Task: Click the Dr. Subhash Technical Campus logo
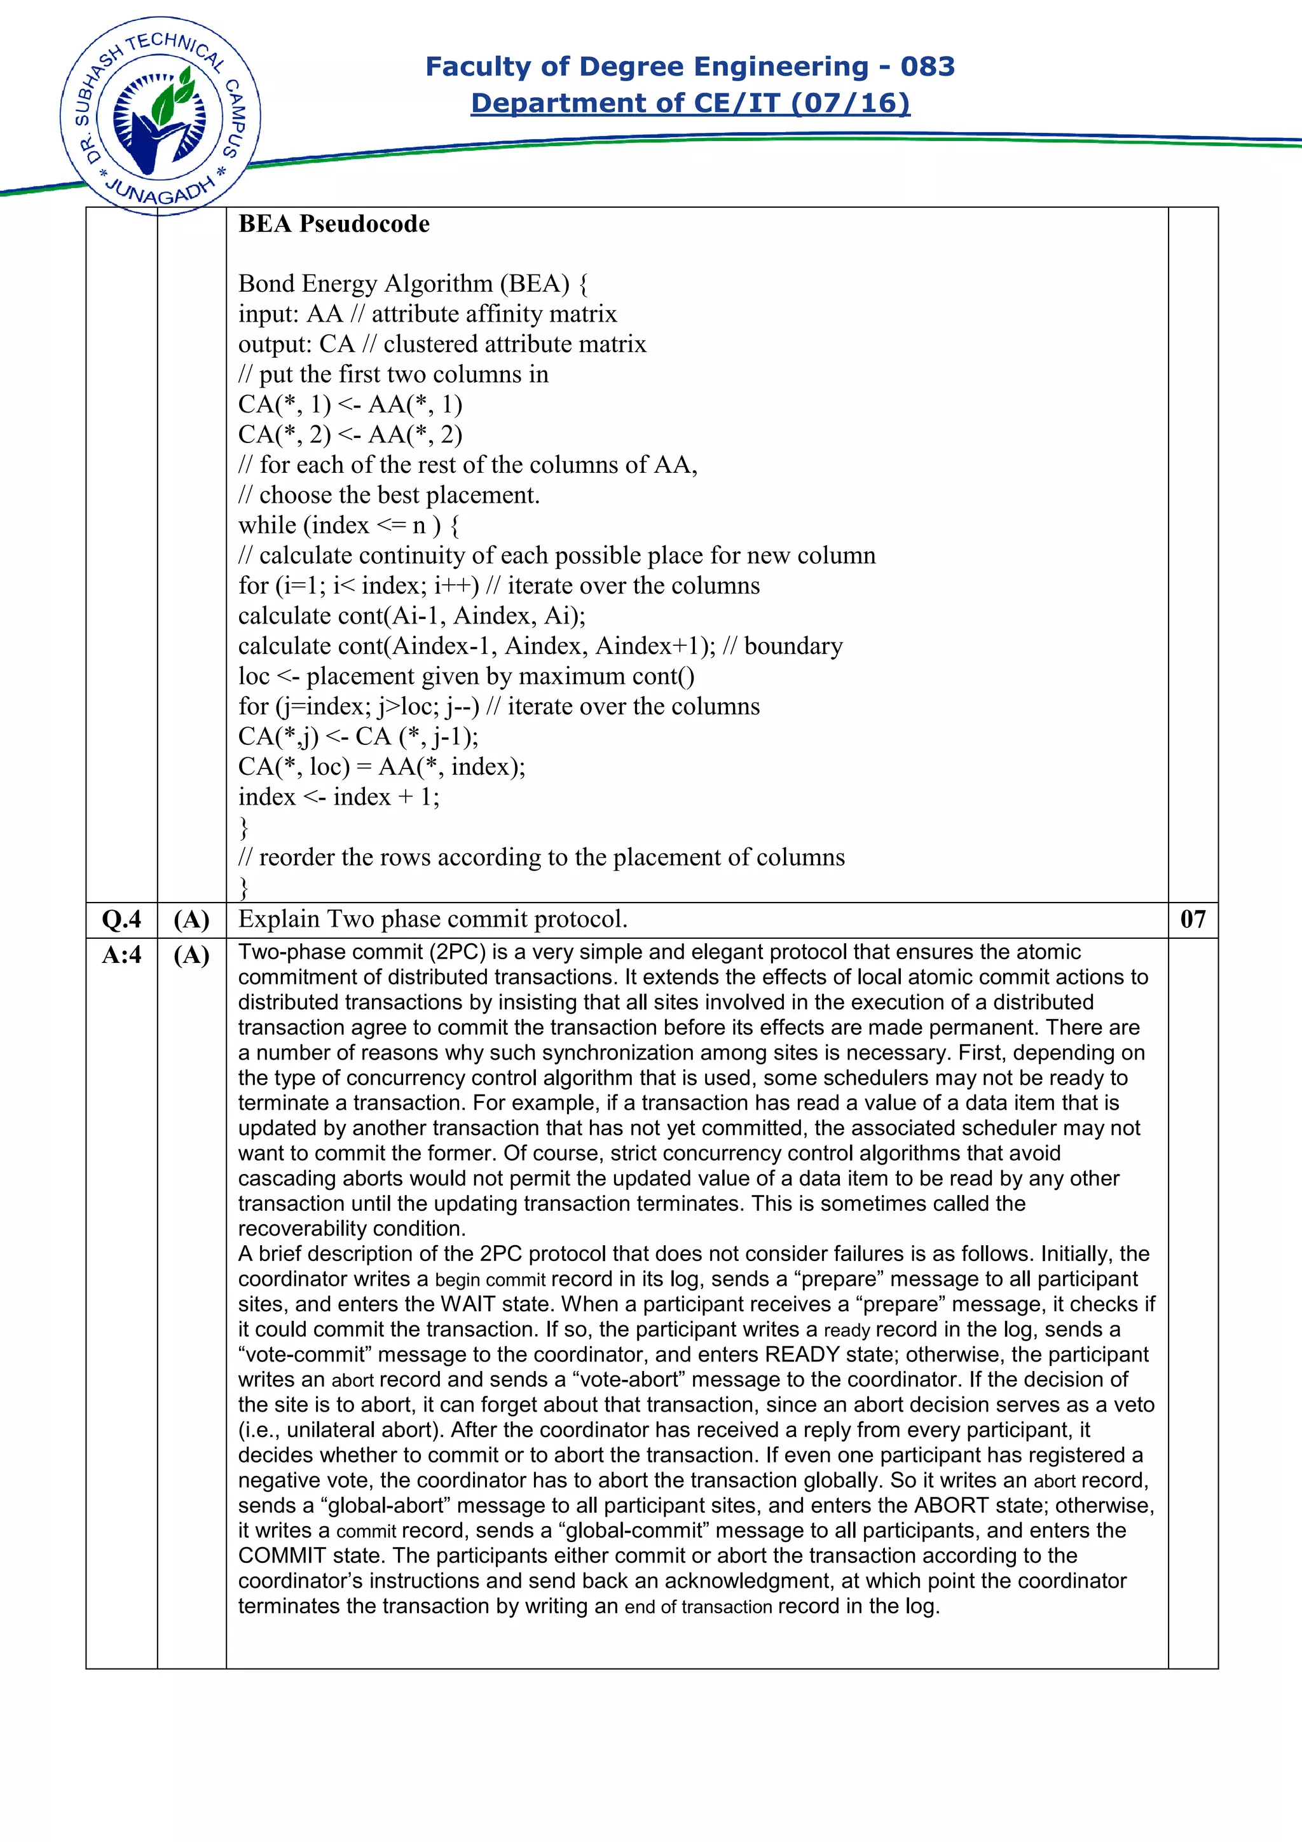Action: (x=160, y=116)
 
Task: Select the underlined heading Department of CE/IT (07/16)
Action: (x=690, y=104)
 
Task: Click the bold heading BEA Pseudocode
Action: (x=334, y=224)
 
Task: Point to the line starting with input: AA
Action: (x=427, y=314)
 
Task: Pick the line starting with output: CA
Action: (x=441, y=344)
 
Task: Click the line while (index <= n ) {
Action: (x=349, y=526)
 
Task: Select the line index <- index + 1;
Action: (x=339, y=796)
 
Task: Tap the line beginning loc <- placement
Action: (x=466, y=676)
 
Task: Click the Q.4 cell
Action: (x=121, y=919)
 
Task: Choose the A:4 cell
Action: (x=121, y=955)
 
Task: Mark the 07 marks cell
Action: (x=1192, y=919)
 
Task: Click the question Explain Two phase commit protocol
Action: (x=432, y=919)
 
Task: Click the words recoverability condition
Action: (x=352, y=1229)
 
